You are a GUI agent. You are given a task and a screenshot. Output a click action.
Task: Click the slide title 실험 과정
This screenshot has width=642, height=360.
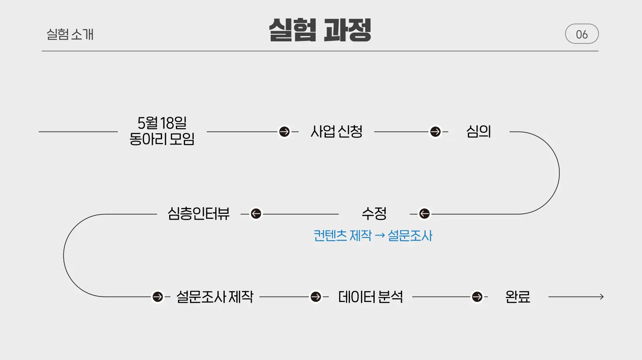coord(320,30)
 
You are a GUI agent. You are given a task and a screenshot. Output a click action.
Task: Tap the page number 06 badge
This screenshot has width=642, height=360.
coord(581,34)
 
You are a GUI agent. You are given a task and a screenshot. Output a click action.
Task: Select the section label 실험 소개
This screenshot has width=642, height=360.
coord(70,34)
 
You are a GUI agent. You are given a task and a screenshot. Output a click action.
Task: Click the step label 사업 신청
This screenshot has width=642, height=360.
coord(336,132)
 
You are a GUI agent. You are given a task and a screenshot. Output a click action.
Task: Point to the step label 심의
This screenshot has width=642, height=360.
coord(478,132)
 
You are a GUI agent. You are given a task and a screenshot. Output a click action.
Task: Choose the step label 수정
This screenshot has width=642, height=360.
coord(374,214)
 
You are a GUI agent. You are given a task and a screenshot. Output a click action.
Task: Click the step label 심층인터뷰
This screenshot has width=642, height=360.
coord(198,214)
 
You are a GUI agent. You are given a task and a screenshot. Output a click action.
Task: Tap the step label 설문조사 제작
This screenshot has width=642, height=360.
coord(215,297)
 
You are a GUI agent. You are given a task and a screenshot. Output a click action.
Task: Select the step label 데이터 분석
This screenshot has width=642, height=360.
coord(370,297)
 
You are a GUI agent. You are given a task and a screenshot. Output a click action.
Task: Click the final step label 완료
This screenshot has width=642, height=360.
coord(518,297)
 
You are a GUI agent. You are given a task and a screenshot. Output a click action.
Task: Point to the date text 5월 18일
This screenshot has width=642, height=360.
coord(162,123)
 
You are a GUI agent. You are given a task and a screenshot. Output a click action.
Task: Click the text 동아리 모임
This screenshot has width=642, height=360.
coord(162,139)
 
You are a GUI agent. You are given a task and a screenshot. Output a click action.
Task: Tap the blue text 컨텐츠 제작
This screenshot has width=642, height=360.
coord(343,236)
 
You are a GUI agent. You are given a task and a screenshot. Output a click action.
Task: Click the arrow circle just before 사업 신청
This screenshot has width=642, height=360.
coord(284,132)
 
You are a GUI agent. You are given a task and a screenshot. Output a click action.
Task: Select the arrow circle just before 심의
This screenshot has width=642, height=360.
coord(435,132)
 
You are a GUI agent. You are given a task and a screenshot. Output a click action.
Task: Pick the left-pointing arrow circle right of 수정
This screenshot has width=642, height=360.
coord(424,214)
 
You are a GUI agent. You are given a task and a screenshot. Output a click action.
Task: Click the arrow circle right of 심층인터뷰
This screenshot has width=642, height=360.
coord(256,214)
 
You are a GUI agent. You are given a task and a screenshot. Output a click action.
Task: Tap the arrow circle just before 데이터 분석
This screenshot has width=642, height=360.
coord(316,297)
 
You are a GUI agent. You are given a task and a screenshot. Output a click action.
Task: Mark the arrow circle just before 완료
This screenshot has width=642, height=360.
coord(477,297)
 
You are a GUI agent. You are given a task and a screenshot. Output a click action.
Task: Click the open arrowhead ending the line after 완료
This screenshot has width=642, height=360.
coord(601,297)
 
